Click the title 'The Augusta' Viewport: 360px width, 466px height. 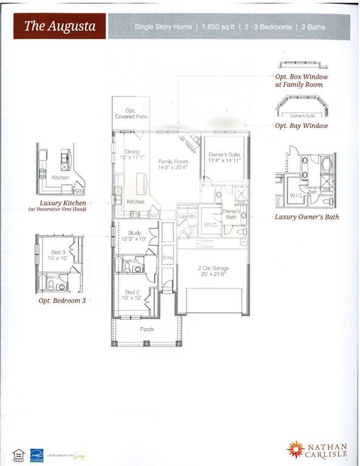point(59,27)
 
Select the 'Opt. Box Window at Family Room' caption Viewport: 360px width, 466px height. point(301,81)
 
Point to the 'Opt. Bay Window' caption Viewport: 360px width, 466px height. point(301,126)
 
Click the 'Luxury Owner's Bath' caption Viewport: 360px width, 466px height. point(307,217)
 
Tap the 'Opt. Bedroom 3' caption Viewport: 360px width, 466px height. point(62,300)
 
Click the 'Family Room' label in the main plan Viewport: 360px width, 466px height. point(173,161)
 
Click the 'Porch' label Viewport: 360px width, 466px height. point(147,329)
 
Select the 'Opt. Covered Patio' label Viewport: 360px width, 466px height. point(132,113)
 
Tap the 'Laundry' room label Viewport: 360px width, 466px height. point(186,216)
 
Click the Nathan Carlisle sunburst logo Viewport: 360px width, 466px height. point(296,449)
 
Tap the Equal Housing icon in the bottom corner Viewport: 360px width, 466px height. point(18,453)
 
